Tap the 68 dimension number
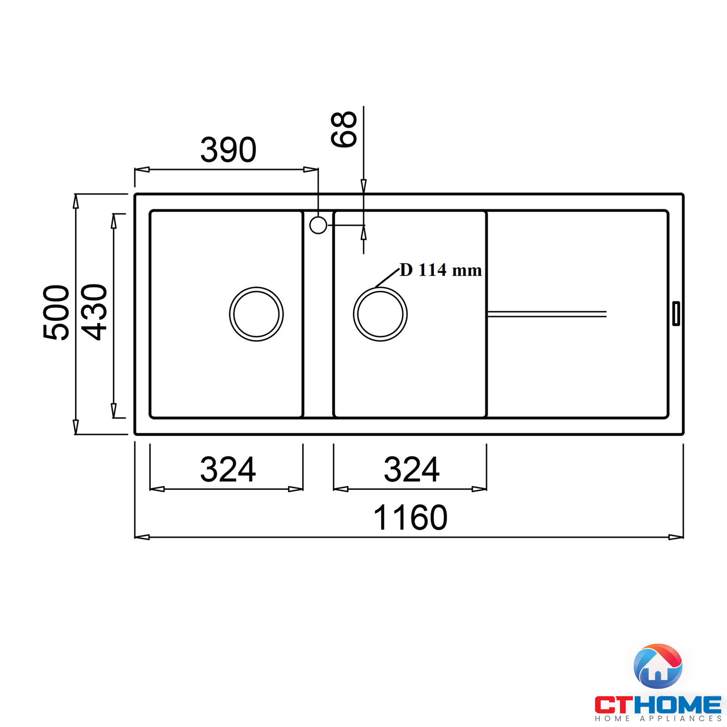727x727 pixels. [343, 129]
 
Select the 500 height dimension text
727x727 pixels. [56, 313]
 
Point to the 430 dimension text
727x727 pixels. [94, 312]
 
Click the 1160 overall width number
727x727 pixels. [410, 518]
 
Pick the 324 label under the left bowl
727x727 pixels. [228, 469]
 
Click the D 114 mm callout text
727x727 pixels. [440, 270]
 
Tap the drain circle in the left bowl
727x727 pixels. [256, 314]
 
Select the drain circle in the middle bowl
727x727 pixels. [380, 314]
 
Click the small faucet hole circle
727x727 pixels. [318, 225]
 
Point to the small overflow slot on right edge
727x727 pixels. [676, 313]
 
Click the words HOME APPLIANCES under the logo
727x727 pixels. [658, 719]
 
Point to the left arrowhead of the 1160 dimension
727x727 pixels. [142, 537]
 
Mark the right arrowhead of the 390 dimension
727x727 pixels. [311, 169]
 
